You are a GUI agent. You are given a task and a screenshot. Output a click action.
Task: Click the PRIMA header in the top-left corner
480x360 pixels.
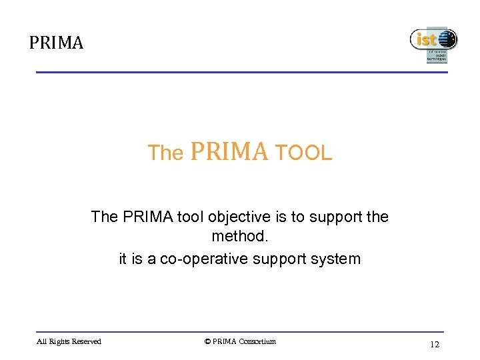56,43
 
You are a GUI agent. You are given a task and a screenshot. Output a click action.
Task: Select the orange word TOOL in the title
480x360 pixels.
303,153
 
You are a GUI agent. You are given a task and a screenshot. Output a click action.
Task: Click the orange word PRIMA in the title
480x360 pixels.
229,152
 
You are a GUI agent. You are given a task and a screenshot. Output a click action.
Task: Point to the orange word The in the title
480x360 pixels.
165,153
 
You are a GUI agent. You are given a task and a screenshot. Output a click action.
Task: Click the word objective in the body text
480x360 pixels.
239,217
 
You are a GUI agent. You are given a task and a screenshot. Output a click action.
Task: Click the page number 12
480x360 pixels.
435,344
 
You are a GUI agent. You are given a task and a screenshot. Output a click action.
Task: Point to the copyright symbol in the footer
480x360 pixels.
207,342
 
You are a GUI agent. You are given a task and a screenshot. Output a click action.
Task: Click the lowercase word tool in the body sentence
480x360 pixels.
192,217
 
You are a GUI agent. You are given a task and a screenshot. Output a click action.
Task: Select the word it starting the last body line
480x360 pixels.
123,259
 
